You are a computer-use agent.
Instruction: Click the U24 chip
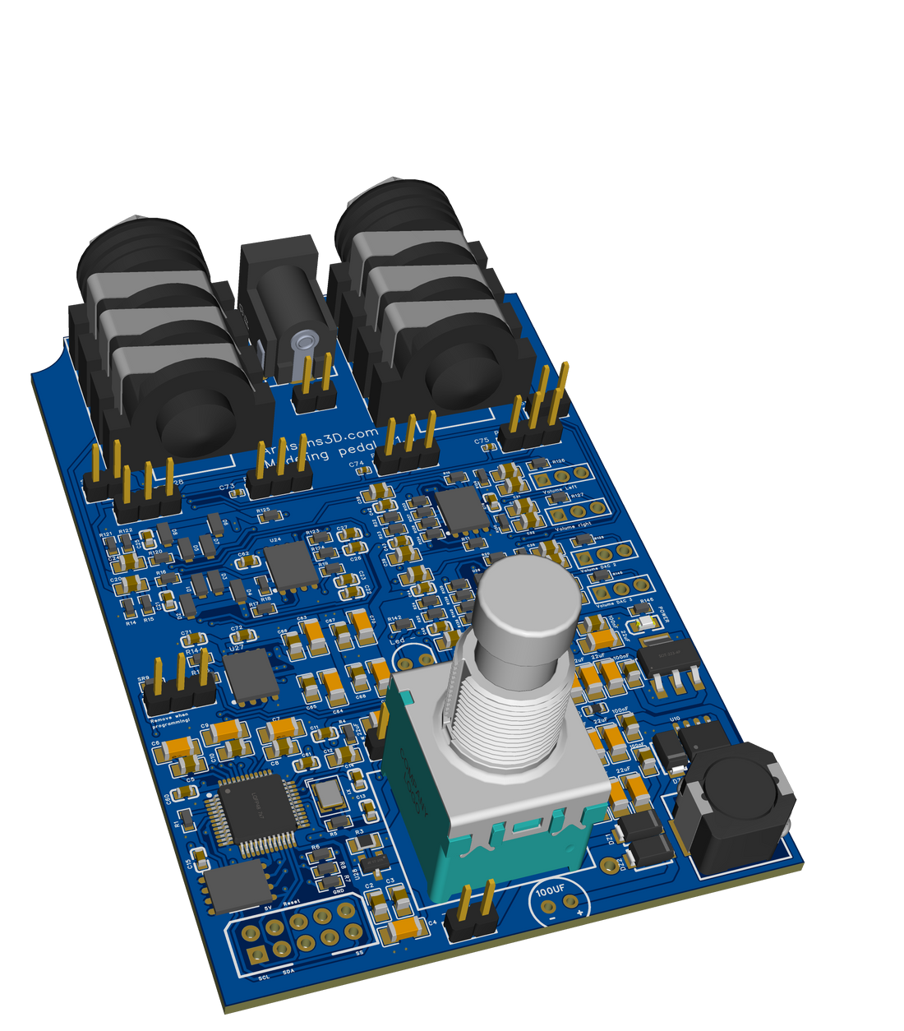click(289, 565)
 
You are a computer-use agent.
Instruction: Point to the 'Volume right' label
click(572, 525)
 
